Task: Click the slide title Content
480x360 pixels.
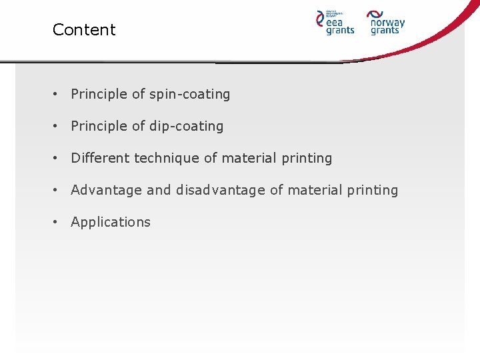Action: [x=84, y=30]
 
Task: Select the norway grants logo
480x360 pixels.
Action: [x=386, y=22]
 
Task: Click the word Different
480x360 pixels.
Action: [x=101, y=158]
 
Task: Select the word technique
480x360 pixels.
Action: [x=167, y=159]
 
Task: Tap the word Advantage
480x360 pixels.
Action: [x=107, y=191]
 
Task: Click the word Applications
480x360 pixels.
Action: [x=111, y=223]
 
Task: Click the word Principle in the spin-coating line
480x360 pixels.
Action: [x=99, y=95]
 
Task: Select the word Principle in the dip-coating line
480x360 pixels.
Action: [x=99, y=127]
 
